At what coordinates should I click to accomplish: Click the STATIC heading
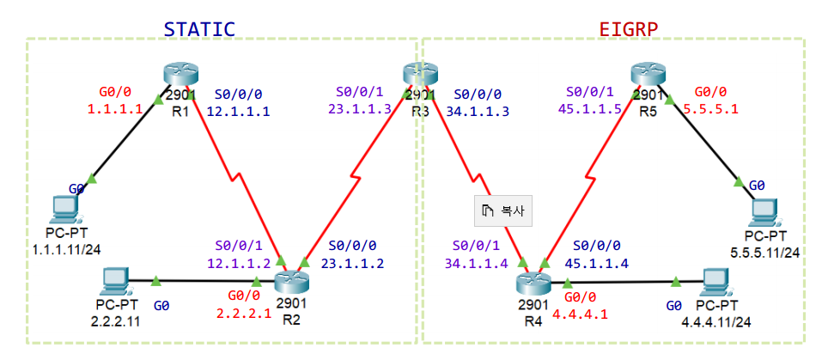199,28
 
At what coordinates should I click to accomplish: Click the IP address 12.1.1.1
239,111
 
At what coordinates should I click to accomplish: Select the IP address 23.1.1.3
359,109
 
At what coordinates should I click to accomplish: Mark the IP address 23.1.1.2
352,263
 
